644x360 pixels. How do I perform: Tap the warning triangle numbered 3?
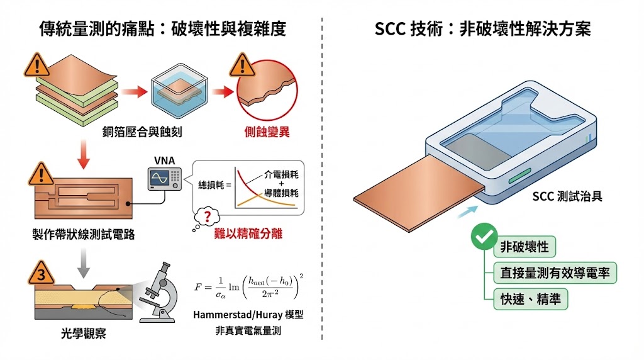[39, 273]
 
